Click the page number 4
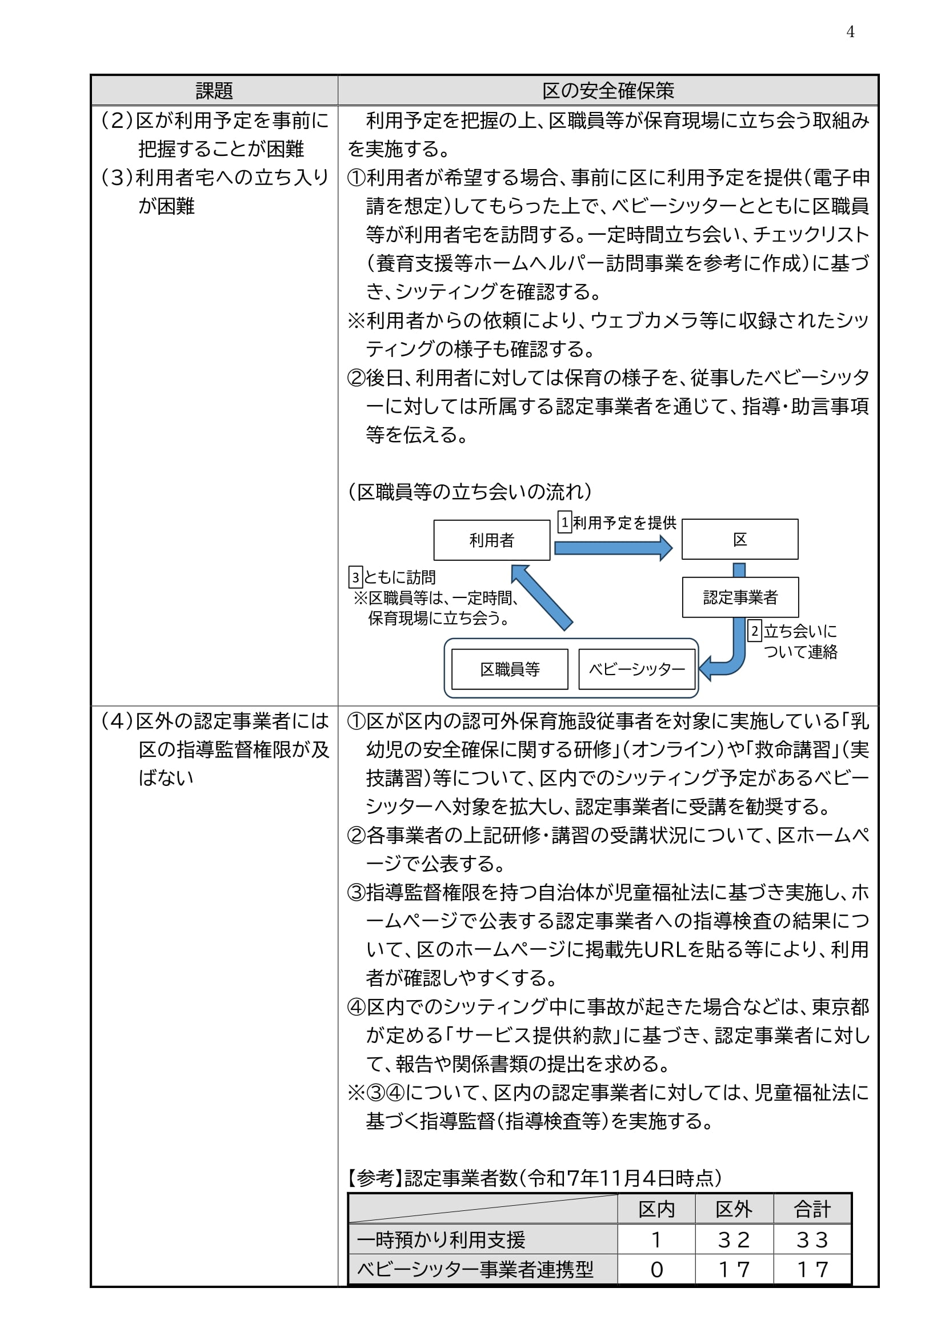point(850,32)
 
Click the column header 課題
point(214,91)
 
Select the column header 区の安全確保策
point(607,91)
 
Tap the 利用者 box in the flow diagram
point(492,540)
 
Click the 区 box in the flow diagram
point(739,539)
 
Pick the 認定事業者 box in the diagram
point(740,597)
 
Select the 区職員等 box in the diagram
point(510,669)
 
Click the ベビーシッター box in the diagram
point(637,669)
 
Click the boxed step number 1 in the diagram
point(564,522)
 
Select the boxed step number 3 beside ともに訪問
point(355,577)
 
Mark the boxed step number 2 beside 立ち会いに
point(754,631)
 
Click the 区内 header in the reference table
point(656,1210)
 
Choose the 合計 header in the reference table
point(812,1210)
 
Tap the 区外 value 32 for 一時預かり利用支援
point(734,1240)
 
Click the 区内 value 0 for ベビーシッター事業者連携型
point(656,1270)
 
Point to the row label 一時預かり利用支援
point(441,1240)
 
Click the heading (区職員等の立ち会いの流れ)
point(470,492)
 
